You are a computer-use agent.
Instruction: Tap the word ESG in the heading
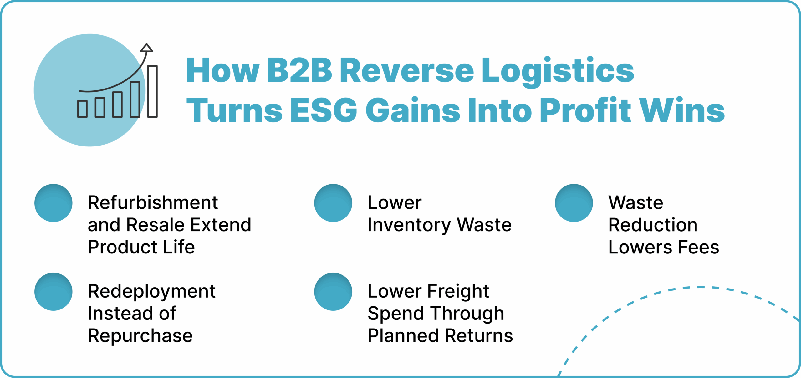pyautogui.click(x=324, y=110)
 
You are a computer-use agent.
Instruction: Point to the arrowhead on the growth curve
pyautogui.click(x=146, y=48)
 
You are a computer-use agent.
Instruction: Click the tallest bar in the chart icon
pyautogui.click(x=152, y=91)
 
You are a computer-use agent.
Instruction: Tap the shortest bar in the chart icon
pyautogui.click(x=82, y=109)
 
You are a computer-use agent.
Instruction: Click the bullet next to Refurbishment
pyautogui.click(x=54, y=203)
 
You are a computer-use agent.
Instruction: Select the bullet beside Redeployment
pyautogui.click(x=54, y=292)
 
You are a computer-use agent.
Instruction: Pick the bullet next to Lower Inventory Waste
pyautogui.click(x=333, y=203)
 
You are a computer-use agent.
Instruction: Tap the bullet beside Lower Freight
pyautogui.click(x=333, y=292)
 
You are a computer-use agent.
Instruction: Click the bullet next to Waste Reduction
pyautogui.click(x=574, y=203)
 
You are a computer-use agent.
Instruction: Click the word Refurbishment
pyautogui.click(x=153, y=203)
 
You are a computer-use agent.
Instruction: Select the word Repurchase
pyautogui.click(x=140, y=336)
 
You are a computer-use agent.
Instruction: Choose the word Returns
pyautogui.click(x=479, y=336)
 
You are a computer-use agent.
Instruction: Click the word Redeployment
pyautogui.click(x=151, y=292)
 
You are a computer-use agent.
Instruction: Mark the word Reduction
pyautogui.click(x=653, y=225)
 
